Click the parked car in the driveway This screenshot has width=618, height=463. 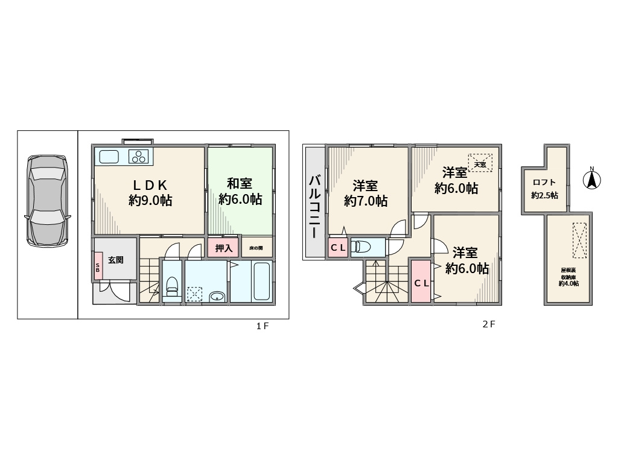coord(47,200)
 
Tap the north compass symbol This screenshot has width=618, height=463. coord(592,179)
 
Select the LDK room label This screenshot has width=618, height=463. coord(150,184)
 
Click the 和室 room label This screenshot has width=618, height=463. coord(240,183)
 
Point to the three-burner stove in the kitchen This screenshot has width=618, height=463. coord(139,157)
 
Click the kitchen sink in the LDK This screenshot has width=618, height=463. coord(109,157)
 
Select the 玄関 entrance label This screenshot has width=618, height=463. coord(116,260)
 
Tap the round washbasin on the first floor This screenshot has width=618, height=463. coord(217,296)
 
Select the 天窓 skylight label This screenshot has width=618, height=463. coord(480,164)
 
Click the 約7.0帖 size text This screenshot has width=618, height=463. coord(366,201)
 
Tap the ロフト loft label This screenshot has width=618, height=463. coord(544,183)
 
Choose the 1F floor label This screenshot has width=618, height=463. coord(262,326)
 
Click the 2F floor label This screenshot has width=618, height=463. coord(488,324)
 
